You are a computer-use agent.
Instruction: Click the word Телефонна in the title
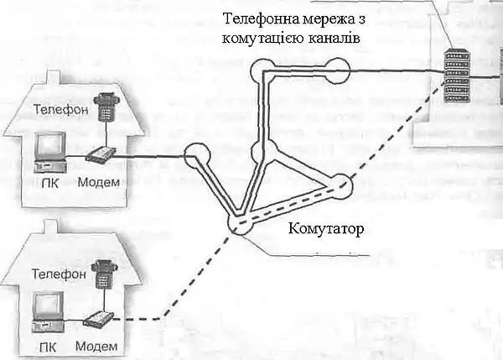click(x=257, y=19)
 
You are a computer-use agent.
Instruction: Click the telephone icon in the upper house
click(x=106, y=105)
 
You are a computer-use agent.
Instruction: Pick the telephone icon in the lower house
click(x=105, y=271)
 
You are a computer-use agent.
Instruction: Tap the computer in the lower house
click(x=49, y=312)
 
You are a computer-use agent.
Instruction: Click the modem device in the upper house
click(x=101, y=154)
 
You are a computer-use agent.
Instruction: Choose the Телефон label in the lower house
click(x=58, y=273)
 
